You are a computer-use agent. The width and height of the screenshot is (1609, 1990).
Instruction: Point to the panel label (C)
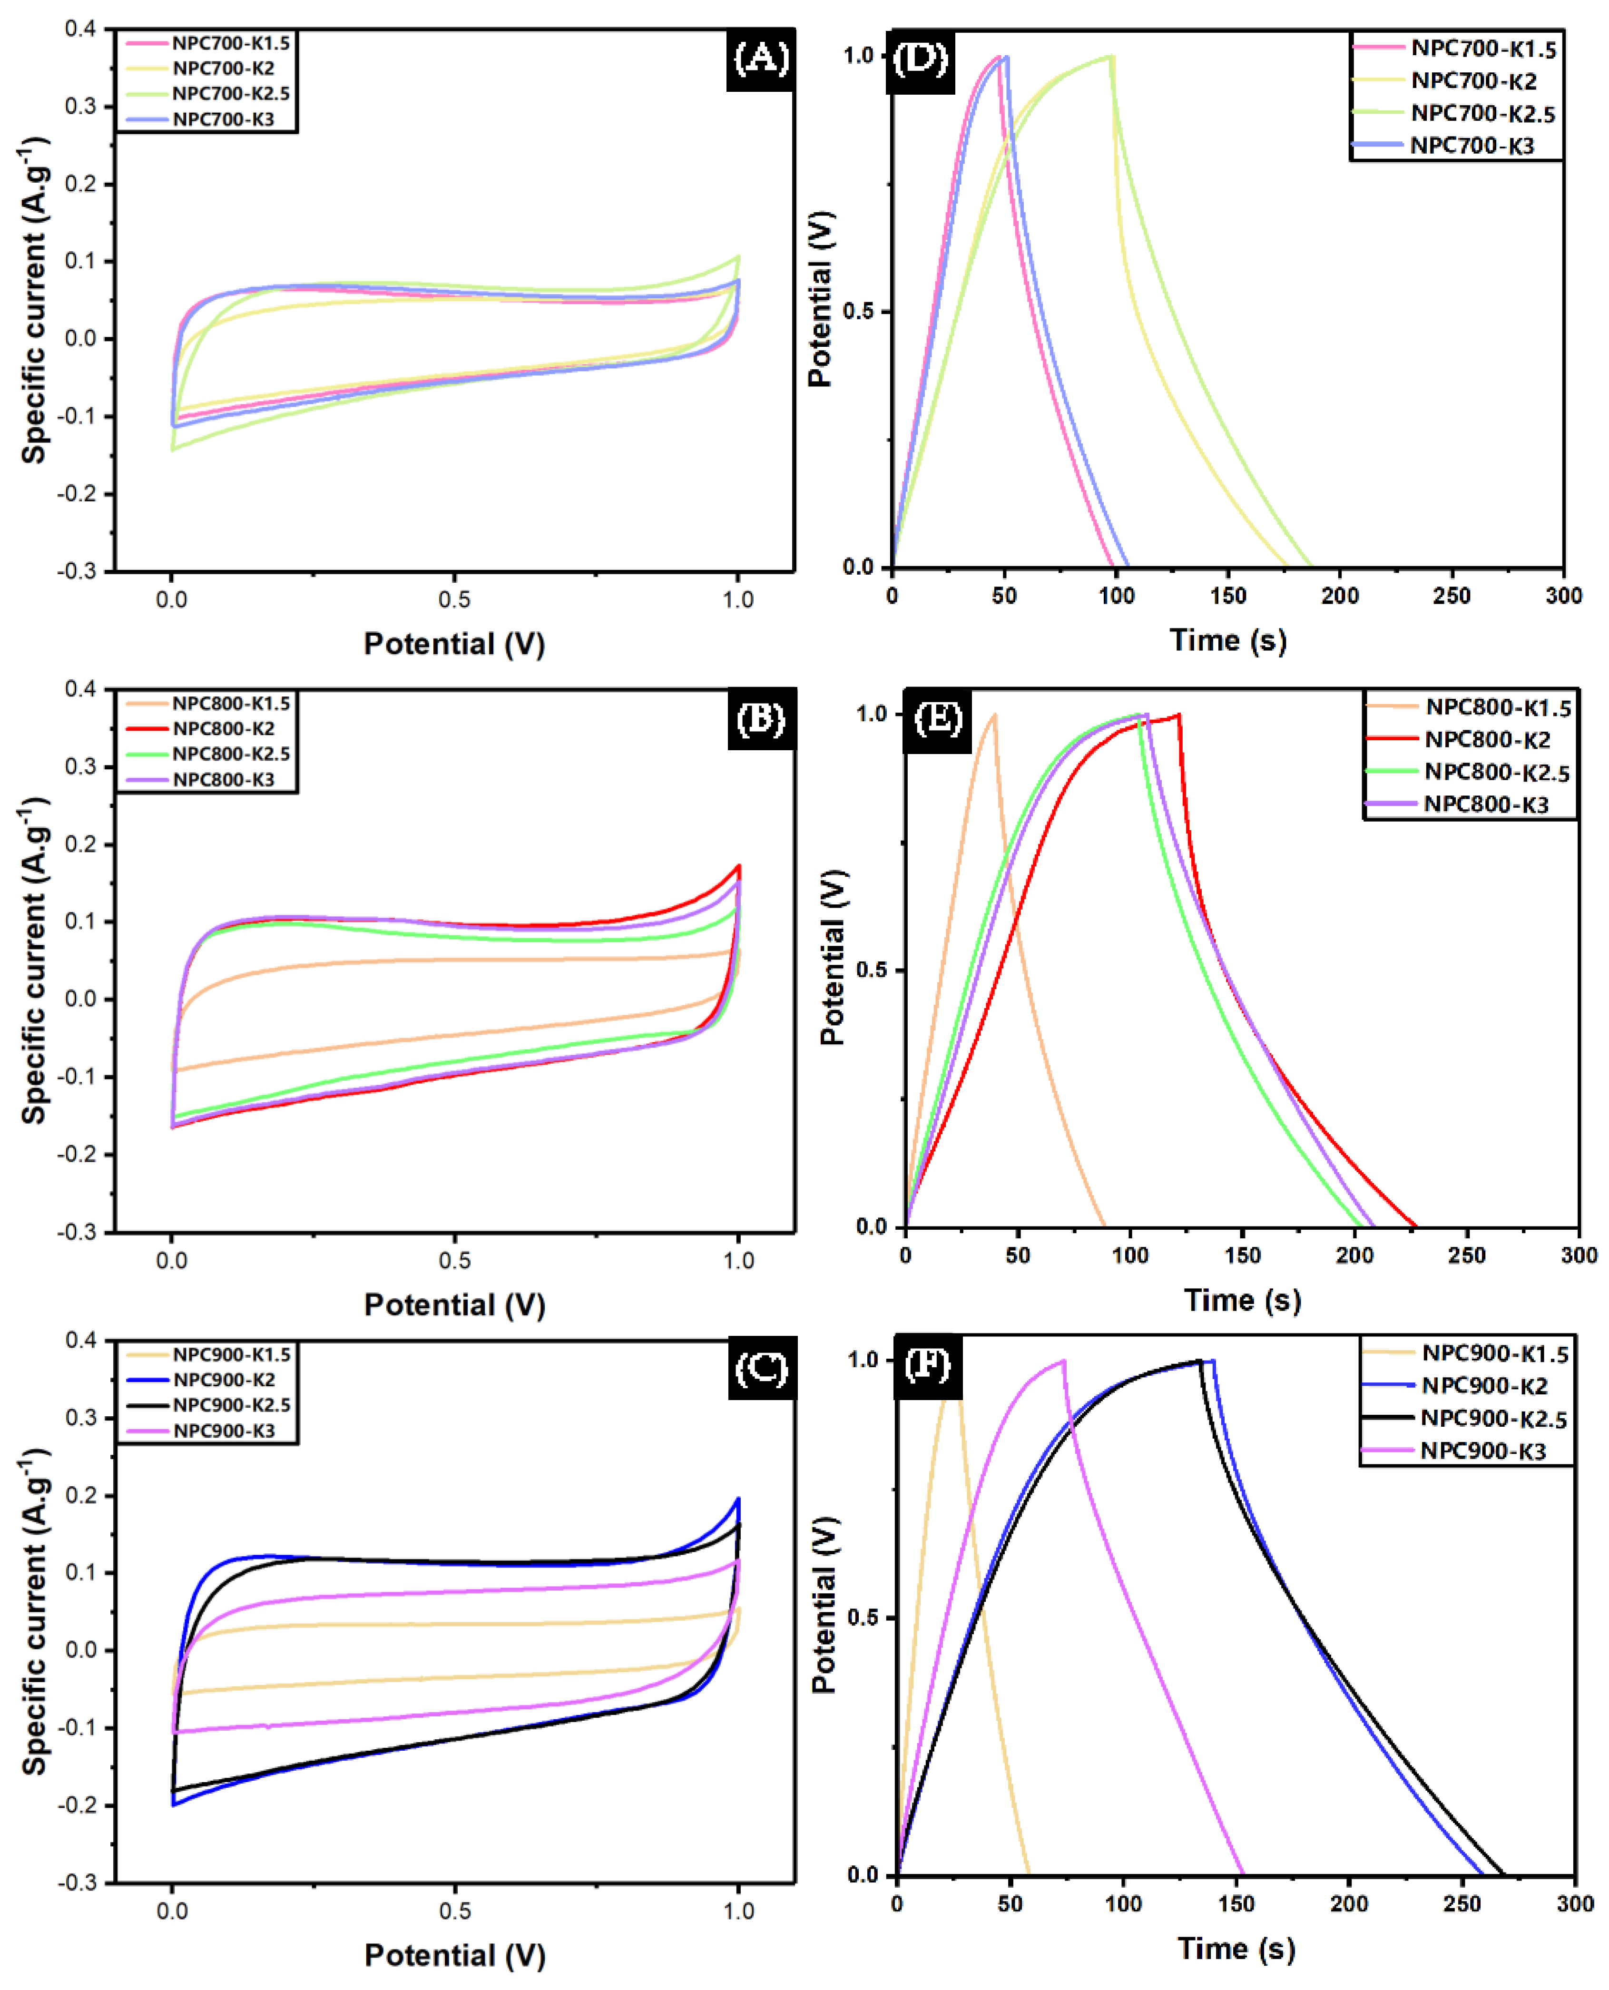(760, 1368)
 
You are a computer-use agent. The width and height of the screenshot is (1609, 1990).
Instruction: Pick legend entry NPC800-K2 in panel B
(224, 728)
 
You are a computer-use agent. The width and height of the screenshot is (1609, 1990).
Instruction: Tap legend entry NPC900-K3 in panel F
(1483, 1451)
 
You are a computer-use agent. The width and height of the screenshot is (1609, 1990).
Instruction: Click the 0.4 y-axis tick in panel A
(80, 29)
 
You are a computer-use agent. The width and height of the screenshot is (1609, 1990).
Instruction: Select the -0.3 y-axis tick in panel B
(76, 1232)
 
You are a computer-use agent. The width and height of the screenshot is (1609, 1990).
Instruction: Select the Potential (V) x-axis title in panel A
(454, 643)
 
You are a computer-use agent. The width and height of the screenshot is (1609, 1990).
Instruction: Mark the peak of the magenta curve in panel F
(1063, 1361)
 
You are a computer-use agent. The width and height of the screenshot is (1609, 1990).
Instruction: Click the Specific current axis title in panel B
(33, 960)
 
